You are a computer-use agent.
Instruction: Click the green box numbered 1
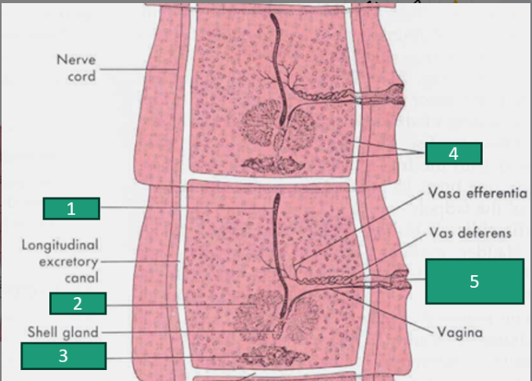71,209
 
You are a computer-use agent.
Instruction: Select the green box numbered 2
78,303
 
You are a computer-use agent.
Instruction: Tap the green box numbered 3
63,356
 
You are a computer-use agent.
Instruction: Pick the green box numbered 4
454,154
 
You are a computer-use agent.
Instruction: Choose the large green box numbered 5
475,281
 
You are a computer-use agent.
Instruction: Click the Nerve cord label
76,68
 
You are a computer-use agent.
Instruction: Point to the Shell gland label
63,332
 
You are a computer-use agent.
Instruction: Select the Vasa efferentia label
478,193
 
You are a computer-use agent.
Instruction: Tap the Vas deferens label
470,233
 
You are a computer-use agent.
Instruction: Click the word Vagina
460,332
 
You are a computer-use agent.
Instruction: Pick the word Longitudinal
60,245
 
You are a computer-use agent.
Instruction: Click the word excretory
68,262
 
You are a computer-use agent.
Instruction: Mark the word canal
81,278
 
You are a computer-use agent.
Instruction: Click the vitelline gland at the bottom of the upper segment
273,165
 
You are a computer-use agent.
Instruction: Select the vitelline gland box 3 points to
276,357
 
